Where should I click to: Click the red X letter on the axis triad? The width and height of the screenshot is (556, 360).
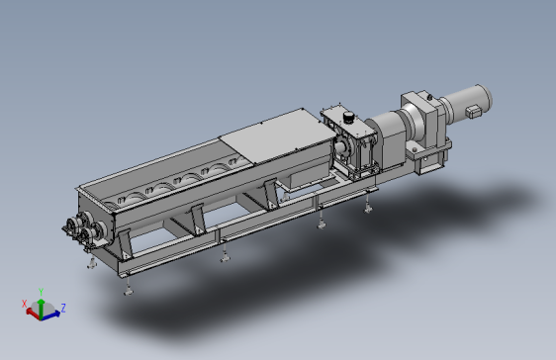(x=24, y=304)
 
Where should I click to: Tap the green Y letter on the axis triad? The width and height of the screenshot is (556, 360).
(x=41, y=292)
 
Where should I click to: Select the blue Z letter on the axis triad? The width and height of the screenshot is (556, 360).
(x=63, y=308)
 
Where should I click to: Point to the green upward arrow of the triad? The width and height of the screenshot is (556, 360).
(x=42, y=309)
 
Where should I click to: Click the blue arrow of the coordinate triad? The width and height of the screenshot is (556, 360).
(x=50, y=315)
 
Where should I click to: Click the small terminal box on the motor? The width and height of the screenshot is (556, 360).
(x=472, y=111)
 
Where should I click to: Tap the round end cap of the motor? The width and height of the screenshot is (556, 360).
(x=485, y=96)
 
